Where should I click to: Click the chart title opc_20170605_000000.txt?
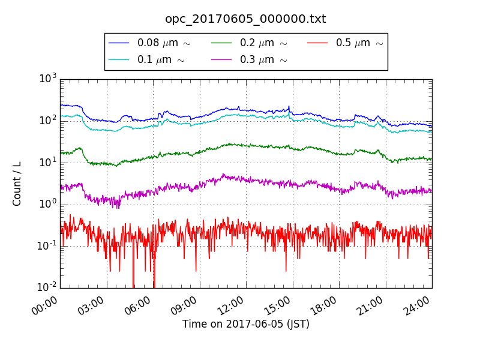pos(245,19)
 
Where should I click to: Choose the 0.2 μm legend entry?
pos(263,43)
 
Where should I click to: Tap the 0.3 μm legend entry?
pos(263,60)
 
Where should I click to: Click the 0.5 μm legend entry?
pos(359,43)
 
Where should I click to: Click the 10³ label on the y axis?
pos(48,78)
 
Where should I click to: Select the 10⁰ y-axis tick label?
pos(48,203)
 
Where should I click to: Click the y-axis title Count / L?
pos(17,183)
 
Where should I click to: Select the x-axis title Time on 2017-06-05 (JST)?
pos(246,325)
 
